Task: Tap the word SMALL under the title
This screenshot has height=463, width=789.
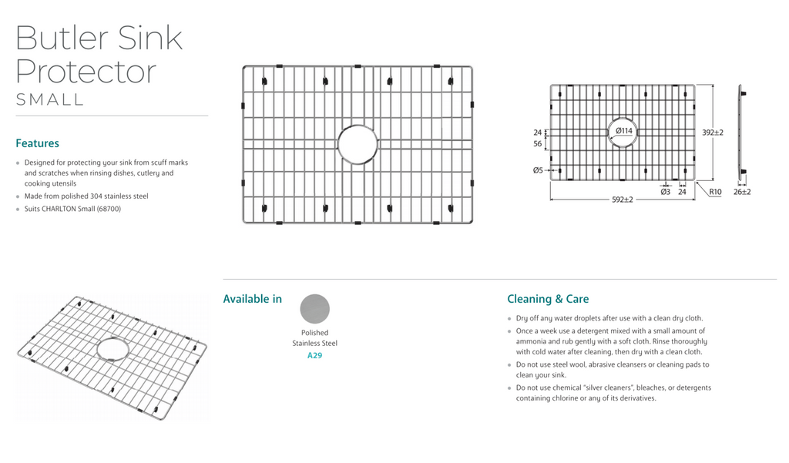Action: tap(50, 99)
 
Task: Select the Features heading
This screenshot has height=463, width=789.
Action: tap(37, 143)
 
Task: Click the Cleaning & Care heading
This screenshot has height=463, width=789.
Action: tap(548, 299)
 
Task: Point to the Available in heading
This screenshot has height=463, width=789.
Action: tap(253, 299)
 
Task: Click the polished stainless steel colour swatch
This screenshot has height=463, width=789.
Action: tap(315, 309)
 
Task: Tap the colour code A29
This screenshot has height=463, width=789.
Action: tap(314, 355)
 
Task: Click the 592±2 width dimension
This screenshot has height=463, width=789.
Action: tap(623, 200)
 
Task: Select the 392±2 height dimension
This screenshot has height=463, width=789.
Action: tap(713, 133)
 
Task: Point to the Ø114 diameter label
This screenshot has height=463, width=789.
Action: tap(624, 131)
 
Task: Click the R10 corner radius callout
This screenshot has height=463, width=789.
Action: tap(715, 192)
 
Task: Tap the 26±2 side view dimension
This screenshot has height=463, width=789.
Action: tap(742, 192)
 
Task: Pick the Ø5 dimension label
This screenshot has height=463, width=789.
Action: tap(538, 170)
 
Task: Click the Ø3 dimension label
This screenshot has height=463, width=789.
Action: tap(665, 192)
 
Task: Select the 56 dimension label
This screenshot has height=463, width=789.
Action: tap(537, 144)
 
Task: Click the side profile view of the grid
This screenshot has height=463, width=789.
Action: tap(741, 133)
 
